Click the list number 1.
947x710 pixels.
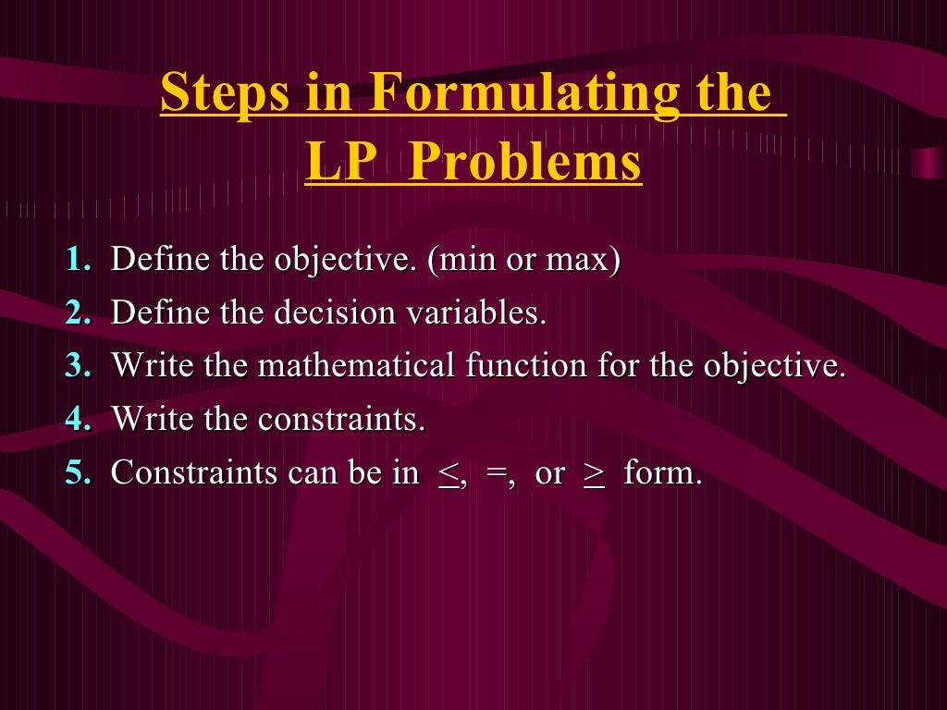pyautogui.click(x=78, y=260)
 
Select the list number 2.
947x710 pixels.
pyautogui.click(x=78, y=312)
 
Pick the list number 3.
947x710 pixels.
pyautogui.click(x=78, y=366)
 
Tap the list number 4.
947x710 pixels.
pyautogui.click(x=78, y=420)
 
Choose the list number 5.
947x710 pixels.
pyautogui.click(x=78, y=473)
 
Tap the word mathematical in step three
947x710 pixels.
pyautogui.click(x=356, y=366)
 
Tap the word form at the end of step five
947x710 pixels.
pyautogui.click(x=662, y=473)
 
